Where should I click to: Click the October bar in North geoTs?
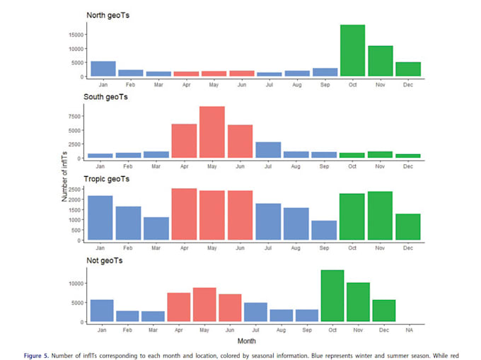352,51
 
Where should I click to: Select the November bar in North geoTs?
380,62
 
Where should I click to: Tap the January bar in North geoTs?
103,69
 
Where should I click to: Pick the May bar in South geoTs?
212,132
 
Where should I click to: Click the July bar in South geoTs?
268,150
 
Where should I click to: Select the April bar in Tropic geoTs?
184,214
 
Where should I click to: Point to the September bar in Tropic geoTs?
324,231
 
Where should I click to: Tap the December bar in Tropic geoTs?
408,227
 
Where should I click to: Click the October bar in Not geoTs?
332,296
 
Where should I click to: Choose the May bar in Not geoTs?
204,305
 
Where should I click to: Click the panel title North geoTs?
107,15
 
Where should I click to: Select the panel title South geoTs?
107,97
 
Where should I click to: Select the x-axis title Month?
248,341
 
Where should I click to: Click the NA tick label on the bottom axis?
410,330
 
